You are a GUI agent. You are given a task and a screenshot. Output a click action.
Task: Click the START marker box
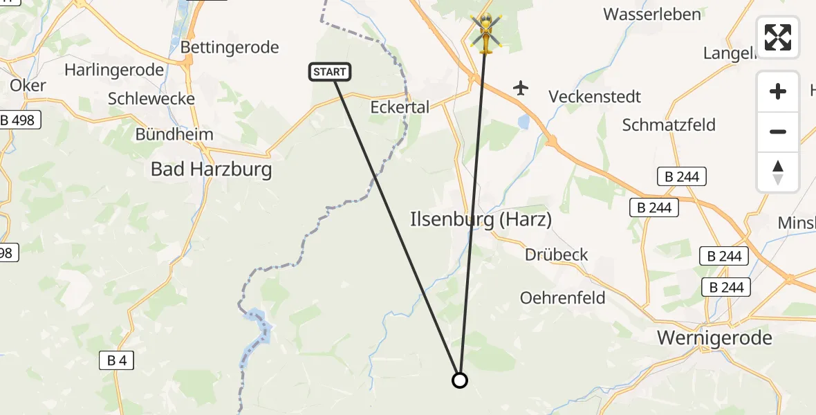[330, 71]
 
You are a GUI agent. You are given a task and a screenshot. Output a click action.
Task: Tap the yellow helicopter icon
[486, 33]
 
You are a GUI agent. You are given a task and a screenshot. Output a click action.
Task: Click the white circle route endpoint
[460, 380]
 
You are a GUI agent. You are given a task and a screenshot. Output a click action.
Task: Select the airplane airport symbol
[521, 88]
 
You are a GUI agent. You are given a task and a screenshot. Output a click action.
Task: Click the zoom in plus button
[778, 91]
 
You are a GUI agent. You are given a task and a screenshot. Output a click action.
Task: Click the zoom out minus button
[778, 131]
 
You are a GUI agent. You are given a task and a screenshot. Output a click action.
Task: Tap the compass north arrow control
[778, 172]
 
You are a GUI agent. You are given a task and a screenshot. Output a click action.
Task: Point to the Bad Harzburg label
[211, 169]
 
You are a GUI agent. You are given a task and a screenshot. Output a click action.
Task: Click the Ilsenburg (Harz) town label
[481, 220]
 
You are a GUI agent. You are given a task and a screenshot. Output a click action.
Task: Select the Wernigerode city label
[714, 338]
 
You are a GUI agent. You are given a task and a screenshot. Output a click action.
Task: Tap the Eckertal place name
[400, 107]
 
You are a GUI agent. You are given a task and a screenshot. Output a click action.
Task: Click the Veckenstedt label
[595, 97]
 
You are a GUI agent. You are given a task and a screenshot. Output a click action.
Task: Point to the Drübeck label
[556, 255]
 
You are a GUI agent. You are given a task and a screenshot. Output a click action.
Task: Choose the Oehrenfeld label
[562, 298]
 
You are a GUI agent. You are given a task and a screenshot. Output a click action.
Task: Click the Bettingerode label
[230, 47]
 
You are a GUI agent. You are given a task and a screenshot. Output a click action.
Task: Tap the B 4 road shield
[115, 360]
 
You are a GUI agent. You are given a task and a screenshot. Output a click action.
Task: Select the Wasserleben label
[642, 14]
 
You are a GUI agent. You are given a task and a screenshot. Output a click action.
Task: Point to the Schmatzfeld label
[669, 125]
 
